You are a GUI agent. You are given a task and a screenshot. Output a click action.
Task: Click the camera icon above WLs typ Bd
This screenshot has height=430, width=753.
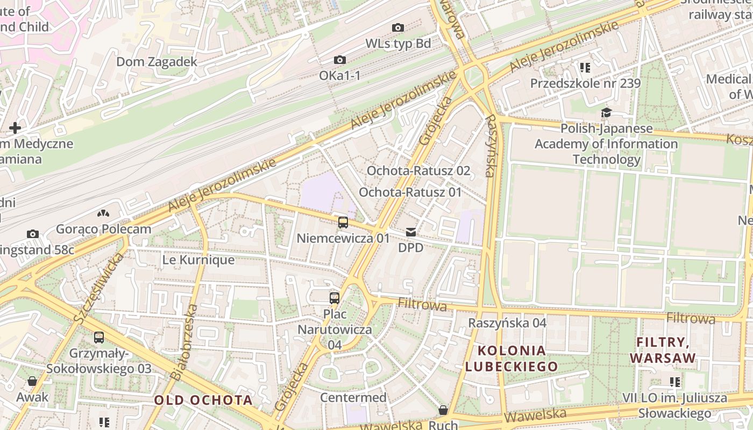398,27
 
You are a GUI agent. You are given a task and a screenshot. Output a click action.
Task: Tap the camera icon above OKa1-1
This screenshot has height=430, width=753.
340,60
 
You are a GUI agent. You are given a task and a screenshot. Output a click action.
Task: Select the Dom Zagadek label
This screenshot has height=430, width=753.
157,62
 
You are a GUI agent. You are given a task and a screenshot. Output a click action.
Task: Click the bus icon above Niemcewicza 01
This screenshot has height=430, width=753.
343,222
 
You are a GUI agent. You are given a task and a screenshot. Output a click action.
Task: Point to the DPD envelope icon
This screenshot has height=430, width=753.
411,232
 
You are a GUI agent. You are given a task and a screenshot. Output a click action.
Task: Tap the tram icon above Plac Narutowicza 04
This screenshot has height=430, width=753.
335,298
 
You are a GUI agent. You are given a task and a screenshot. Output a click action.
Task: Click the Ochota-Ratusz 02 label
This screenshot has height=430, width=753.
418,171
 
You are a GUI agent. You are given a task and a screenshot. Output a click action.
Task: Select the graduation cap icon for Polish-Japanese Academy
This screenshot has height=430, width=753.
606,113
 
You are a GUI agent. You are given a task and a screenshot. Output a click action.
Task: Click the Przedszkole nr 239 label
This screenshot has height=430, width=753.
585,83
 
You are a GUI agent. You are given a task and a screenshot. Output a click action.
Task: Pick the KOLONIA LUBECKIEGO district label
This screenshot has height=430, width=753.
512,359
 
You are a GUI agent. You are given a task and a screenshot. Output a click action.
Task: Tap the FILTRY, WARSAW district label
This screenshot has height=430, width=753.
663,350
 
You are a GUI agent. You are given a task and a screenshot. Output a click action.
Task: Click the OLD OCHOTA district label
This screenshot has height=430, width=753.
203,400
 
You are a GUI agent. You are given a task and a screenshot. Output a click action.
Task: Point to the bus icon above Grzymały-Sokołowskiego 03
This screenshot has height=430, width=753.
99,338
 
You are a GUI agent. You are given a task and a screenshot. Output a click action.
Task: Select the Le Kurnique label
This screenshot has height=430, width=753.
198,260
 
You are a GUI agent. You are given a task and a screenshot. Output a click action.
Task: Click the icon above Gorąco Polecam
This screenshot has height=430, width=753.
103,214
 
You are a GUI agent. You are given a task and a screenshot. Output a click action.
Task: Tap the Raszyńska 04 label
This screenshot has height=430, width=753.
507,323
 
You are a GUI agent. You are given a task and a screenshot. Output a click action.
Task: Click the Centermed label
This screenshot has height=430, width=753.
353,398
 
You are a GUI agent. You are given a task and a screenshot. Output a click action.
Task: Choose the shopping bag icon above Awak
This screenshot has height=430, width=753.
32,381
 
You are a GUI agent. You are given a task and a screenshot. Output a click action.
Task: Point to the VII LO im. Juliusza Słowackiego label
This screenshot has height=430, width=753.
682,406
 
